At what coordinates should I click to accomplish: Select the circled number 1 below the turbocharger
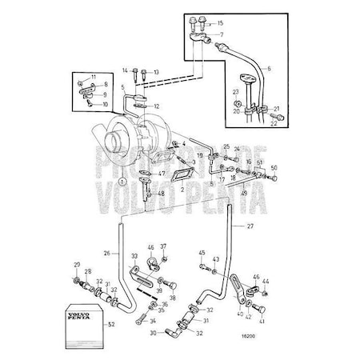122,182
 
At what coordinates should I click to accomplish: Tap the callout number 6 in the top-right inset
269,70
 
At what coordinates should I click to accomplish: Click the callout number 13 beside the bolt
156,72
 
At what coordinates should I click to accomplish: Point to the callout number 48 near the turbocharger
162,193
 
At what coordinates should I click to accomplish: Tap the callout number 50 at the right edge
274,168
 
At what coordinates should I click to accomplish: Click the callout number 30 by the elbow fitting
152,334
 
